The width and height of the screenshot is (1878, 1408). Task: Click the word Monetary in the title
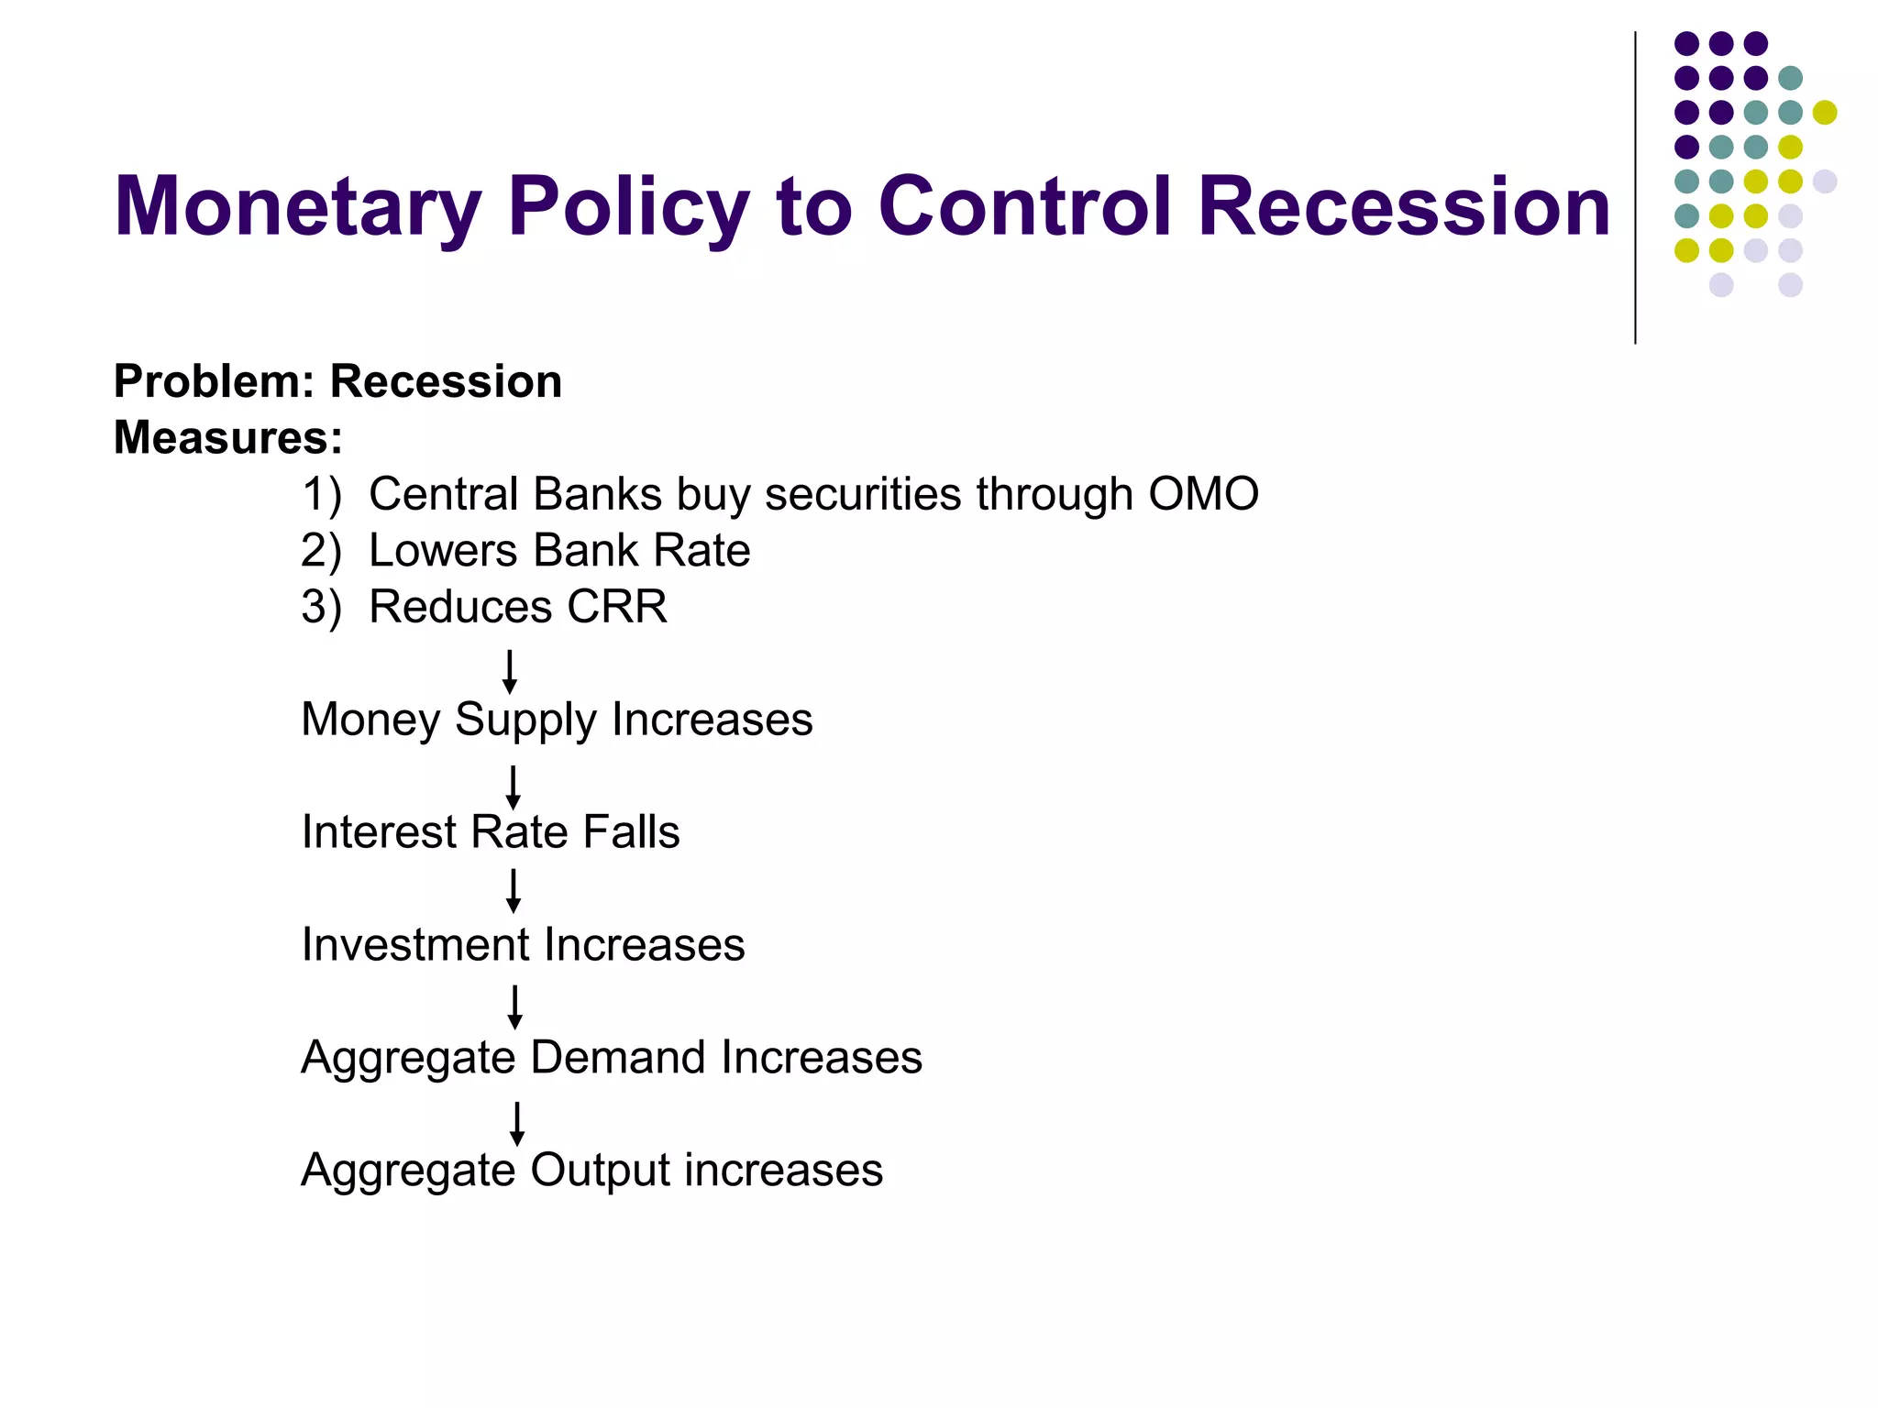[x=297, y=208]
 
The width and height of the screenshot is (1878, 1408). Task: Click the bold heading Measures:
[x=227, y=437]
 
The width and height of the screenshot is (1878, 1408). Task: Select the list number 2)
[x=321, y=551]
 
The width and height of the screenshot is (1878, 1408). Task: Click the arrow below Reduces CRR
[x=510, y=671]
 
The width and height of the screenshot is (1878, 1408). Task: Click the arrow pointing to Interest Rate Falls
[x=514, y=786]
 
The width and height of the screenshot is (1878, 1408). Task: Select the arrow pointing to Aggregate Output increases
[x=517, y=1123]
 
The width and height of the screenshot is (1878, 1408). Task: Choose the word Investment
[x=416, y=945]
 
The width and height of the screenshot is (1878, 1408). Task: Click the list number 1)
[x=321, y=495]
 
